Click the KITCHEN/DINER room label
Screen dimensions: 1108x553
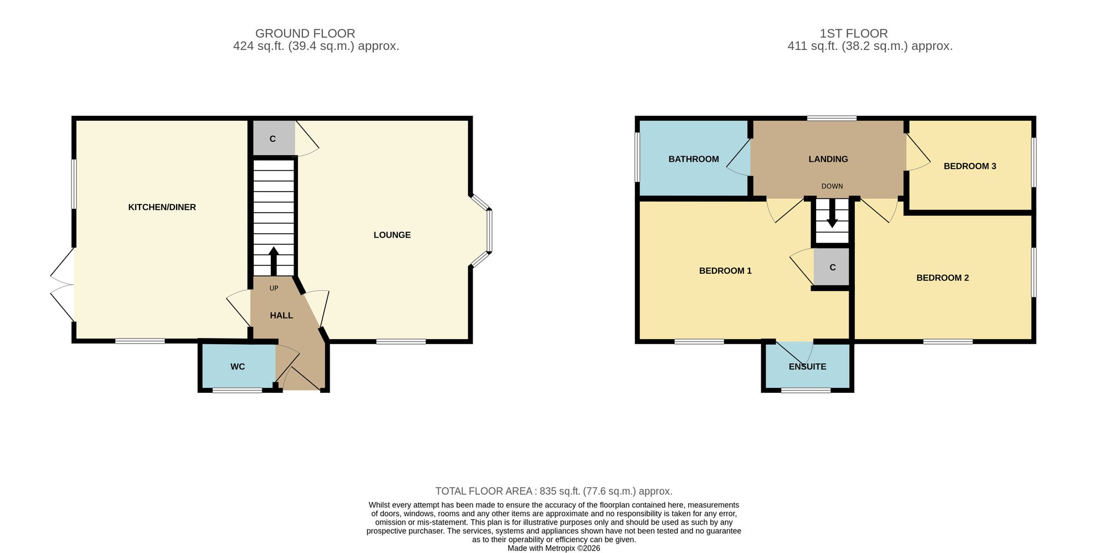tap(162, 207)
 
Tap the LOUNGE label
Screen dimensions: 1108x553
tap(392, 235)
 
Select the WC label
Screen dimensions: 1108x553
tap(238, 367)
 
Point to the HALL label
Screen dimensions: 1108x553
tap(281, 315)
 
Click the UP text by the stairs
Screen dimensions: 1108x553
tap(274, 288)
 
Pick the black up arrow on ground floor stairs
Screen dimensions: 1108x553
tap(274, 261)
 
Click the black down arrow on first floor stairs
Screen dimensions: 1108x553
tap(832, 213)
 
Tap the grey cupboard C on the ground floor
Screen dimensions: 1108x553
tap(274, 139)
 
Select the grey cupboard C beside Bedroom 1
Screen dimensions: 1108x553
tap(832, 267)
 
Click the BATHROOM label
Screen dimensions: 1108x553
tap(694, 159)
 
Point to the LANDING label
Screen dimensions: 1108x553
tap(828, 159)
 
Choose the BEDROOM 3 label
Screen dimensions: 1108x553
tap(970, 166)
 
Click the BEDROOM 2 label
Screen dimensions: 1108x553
tap(942, 278)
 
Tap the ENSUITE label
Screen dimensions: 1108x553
tap(807, 367)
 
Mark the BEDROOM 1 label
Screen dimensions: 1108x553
tap(725, 271)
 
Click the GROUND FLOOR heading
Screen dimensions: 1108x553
tap(305, 34)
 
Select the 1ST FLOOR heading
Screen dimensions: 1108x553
tap(854, 34)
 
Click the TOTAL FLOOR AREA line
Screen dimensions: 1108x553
tap(554, 491)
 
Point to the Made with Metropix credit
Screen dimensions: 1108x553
tap(554, 549)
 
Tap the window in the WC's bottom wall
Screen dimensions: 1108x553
tap(238, 391)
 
